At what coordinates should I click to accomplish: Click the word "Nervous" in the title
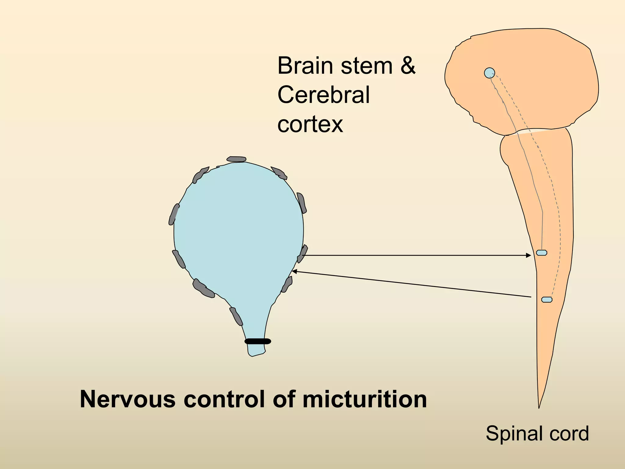tap(127, 399)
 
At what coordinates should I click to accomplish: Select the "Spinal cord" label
tap(537, 433)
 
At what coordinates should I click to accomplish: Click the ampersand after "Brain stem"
tap(408, 66)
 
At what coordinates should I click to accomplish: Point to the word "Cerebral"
tap(323, 95)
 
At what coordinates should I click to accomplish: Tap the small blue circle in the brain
tap(489, 73)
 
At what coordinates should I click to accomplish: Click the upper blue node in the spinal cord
tap(541, 253)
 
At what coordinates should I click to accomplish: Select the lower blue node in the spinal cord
tap(547, 300)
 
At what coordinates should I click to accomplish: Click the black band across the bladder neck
tap(258, 341)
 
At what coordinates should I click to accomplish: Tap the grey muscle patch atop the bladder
tap(236, 159)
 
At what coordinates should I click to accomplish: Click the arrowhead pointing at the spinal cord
tap(529, 255)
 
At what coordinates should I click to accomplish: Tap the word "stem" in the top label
tap(367, 66)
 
